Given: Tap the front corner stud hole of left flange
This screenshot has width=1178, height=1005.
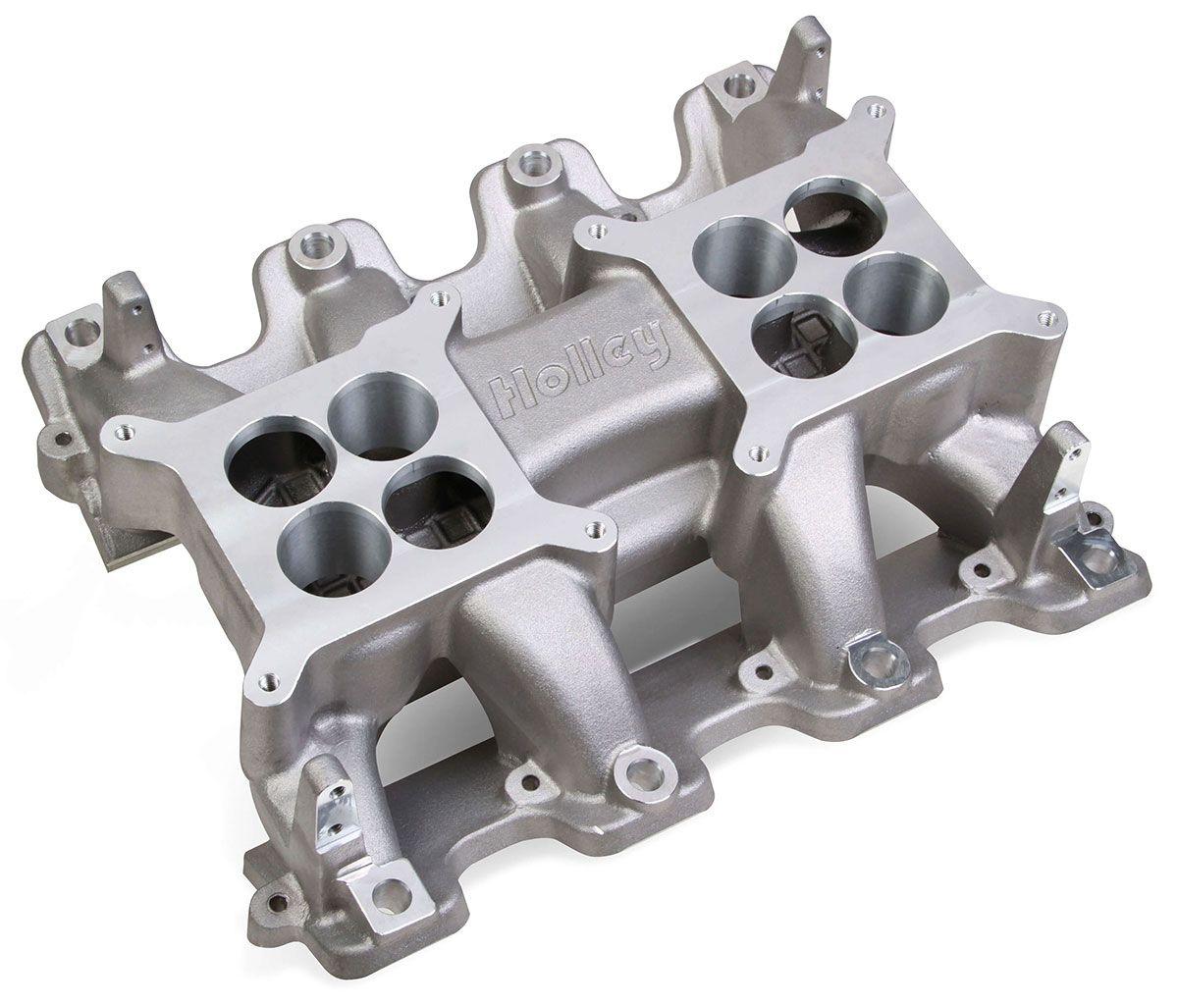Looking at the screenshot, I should tap(268, 676).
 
